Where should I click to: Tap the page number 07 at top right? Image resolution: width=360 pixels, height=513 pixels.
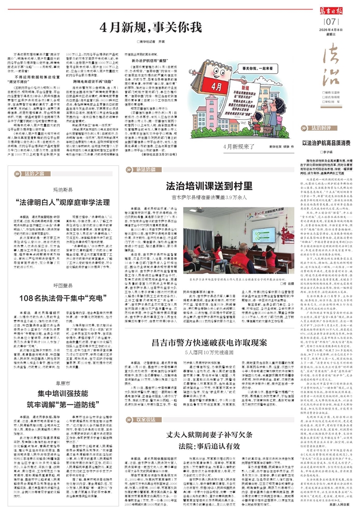(330, 22)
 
